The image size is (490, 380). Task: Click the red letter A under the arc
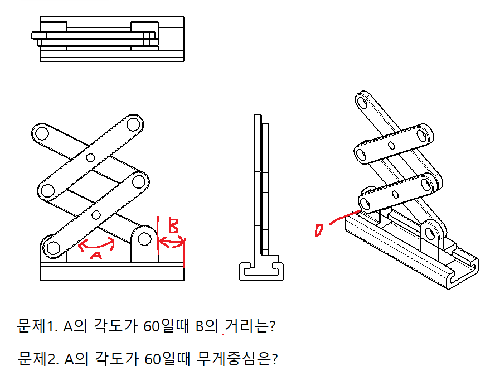[96, 256]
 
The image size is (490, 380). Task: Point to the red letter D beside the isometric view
[318, 230]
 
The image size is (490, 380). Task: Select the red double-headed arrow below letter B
[171, 242]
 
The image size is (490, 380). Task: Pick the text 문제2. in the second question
[38, 359]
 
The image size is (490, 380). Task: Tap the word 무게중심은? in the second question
[237, 359]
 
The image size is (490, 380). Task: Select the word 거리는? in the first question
[250, 326]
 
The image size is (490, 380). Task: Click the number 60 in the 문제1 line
[152, 326]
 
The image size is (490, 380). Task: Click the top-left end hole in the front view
[42, 133]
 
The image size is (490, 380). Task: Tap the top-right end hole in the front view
[133, 124]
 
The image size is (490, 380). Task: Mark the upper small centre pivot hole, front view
[90, 157]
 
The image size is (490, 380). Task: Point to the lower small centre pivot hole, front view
[96, 215]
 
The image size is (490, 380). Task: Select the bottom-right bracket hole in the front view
[144, 239]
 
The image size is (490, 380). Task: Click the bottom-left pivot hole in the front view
[53, 248]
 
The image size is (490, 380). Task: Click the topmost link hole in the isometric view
[362, 103]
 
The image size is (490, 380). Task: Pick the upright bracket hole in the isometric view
[430, 234]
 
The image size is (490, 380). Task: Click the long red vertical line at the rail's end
[185, 253]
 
